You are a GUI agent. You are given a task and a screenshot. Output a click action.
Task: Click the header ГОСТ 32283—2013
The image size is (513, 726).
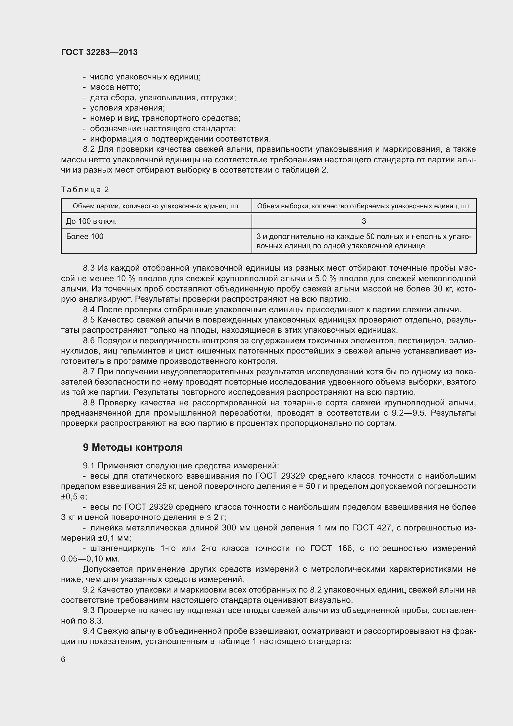(99, 52)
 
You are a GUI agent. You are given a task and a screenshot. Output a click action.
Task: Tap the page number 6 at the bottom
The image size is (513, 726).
(63, 659)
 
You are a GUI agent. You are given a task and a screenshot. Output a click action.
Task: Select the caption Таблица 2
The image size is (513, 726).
(85, 189)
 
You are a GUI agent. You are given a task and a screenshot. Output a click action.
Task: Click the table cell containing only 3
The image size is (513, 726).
(364, 221)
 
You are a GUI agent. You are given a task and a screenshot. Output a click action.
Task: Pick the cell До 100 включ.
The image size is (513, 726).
(91, 221)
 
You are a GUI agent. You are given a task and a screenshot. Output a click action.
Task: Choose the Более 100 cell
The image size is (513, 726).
(85, 237)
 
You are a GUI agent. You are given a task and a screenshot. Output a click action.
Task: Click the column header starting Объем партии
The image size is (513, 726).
(156, 206)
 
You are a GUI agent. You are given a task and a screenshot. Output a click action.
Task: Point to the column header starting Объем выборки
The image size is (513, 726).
(364, 206)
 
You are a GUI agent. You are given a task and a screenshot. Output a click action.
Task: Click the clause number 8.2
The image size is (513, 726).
(89, 149)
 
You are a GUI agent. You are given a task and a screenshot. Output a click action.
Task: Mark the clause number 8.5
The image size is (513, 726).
(89, 320)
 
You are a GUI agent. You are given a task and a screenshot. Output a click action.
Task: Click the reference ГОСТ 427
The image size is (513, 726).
(372, 528)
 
